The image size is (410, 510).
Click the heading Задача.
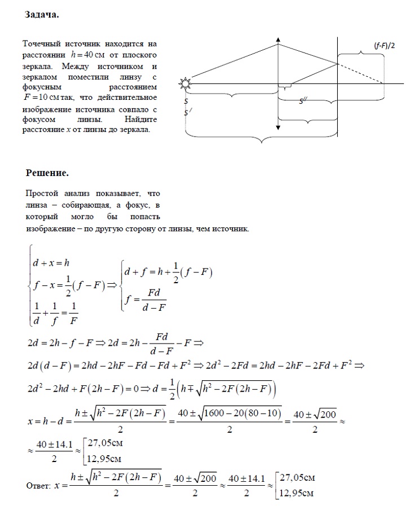(42, 15)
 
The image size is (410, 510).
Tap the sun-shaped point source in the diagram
(185, 84)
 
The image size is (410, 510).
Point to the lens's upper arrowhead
(278, 39)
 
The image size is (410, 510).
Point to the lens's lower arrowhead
(278, 128)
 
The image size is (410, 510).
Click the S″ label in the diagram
(303, 100)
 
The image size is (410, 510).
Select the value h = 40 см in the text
(89, 55)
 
